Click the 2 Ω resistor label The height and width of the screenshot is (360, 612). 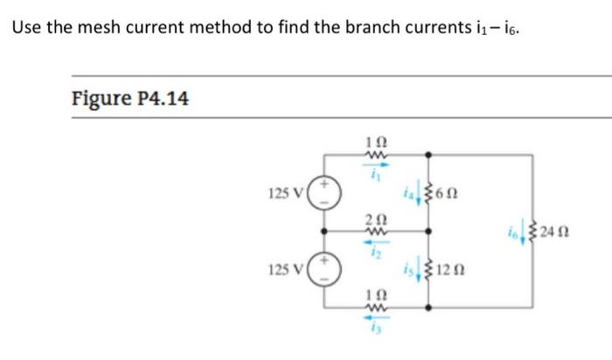(x=374, y=218)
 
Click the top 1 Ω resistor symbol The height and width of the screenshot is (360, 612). (x=375, y=155)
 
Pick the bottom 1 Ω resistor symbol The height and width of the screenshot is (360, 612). (x=375, y=308)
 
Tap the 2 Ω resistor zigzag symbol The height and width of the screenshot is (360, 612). (x=375, y=231)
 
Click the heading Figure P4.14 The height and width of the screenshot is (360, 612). (x=129, y=99)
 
